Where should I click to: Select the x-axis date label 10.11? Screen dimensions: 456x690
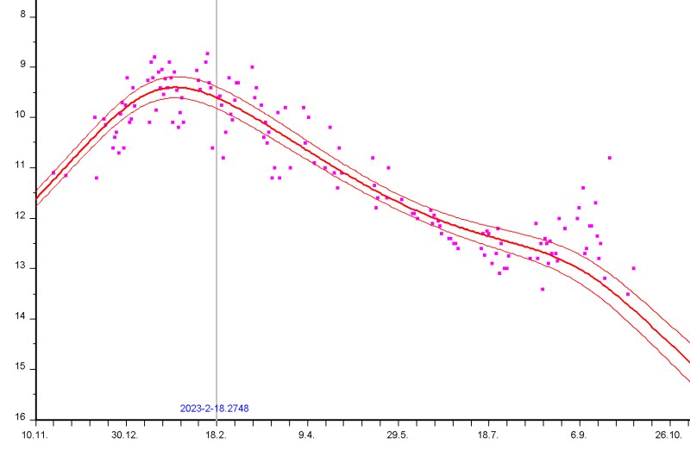click(34, 435)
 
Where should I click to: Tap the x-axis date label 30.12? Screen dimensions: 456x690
click(126, 435)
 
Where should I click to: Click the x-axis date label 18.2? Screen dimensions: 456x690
click(216, 435)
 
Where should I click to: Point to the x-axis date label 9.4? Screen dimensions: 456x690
click(307, 435)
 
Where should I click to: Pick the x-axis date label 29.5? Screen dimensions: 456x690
click(398, 435)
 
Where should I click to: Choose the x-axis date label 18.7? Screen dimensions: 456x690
click(488, 435)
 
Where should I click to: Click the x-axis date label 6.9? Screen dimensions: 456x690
click(580, 435)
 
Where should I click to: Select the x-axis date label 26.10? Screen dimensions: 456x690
click(670, 435)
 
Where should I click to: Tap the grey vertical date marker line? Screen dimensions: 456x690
click(216, 259)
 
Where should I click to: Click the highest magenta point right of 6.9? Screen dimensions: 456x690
click(610, 158)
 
